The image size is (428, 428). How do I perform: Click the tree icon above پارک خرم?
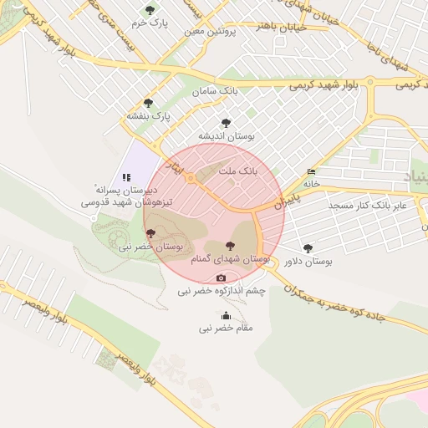150,10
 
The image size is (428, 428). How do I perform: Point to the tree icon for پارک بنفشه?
149,103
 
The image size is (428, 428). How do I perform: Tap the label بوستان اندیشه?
226,135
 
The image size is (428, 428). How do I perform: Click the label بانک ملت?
239,170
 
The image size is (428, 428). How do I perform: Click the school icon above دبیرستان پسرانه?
126,177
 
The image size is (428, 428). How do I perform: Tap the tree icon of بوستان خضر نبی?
150,234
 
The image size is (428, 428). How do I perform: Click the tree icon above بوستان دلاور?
308,248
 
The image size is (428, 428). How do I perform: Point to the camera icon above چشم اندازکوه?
221,278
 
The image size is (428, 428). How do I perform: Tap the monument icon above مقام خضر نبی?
226,315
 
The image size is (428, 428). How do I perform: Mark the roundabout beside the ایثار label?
191,178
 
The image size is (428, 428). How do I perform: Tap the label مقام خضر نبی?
226,329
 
